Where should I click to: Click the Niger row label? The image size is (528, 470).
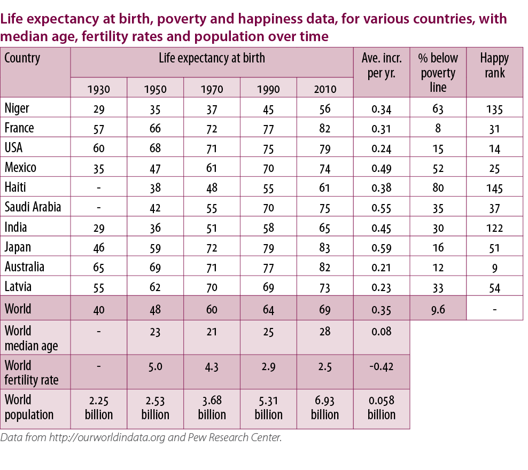click(17, 108)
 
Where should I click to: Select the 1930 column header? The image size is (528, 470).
click(98, 89)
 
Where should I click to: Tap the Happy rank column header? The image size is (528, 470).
click(494, 66)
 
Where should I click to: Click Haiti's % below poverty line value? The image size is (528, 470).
click(438, 188)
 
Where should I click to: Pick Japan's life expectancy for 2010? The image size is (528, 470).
click(324, 247)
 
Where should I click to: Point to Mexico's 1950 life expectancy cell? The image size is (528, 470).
click(155, 168)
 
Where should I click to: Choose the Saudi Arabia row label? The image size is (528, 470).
click(33, 207)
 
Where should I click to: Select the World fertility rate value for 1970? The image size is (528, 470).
click(212, 367)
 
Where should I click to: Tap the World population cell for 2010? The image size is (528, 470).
click(324, 408)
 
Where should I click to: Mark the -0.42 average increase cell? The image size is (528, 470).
click(381, 367)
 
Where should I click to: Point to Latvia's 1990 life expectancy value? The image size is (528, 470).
click(268, 287)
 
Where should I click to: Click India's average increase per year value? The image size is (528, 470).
click(381, 228)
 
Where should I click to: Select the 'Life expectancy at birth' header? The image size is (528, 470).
click(212, 58)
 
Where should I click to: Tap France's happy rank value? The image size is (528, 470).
click(494, 129)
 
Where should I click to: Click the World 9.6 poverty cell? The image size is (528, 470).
click(438, 309)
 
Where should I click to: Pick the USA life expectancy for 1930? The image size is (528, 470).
click(98, 148)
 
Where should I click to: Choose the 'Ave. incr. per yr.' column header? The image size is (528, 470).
click(381, 66)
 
